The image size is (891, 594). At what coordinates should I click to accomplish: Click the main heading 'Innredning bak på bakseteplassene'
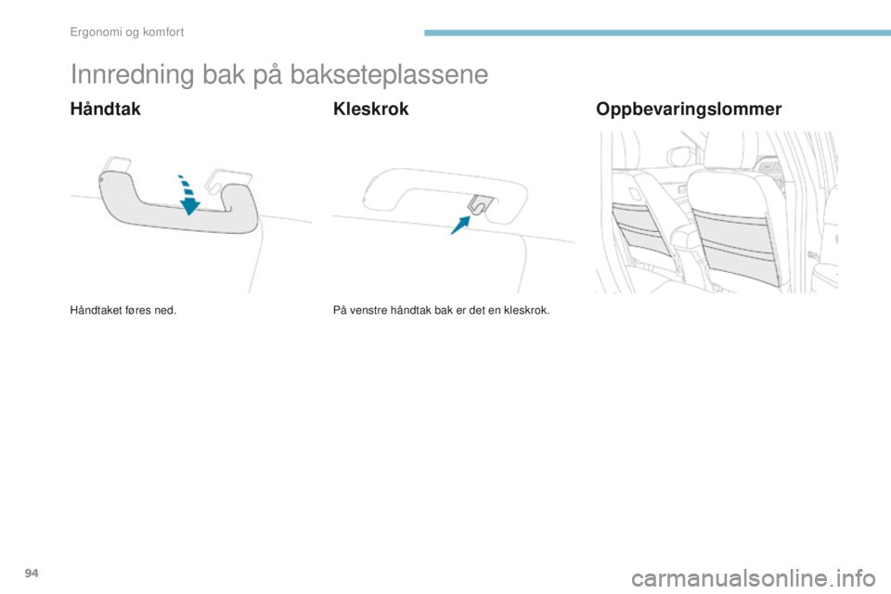[278, 75]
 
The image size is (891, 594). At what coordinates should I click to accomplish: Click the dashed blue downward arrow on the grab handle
[187, 191]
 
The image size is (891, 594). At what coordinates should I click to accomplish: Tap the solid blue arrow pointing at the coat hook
[461, 223]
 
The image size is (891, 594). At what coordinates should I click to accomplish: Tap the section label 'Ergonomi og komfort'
[126, 32]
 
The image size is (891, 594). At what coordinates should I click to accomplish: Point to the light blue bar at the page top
[655, 33]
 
